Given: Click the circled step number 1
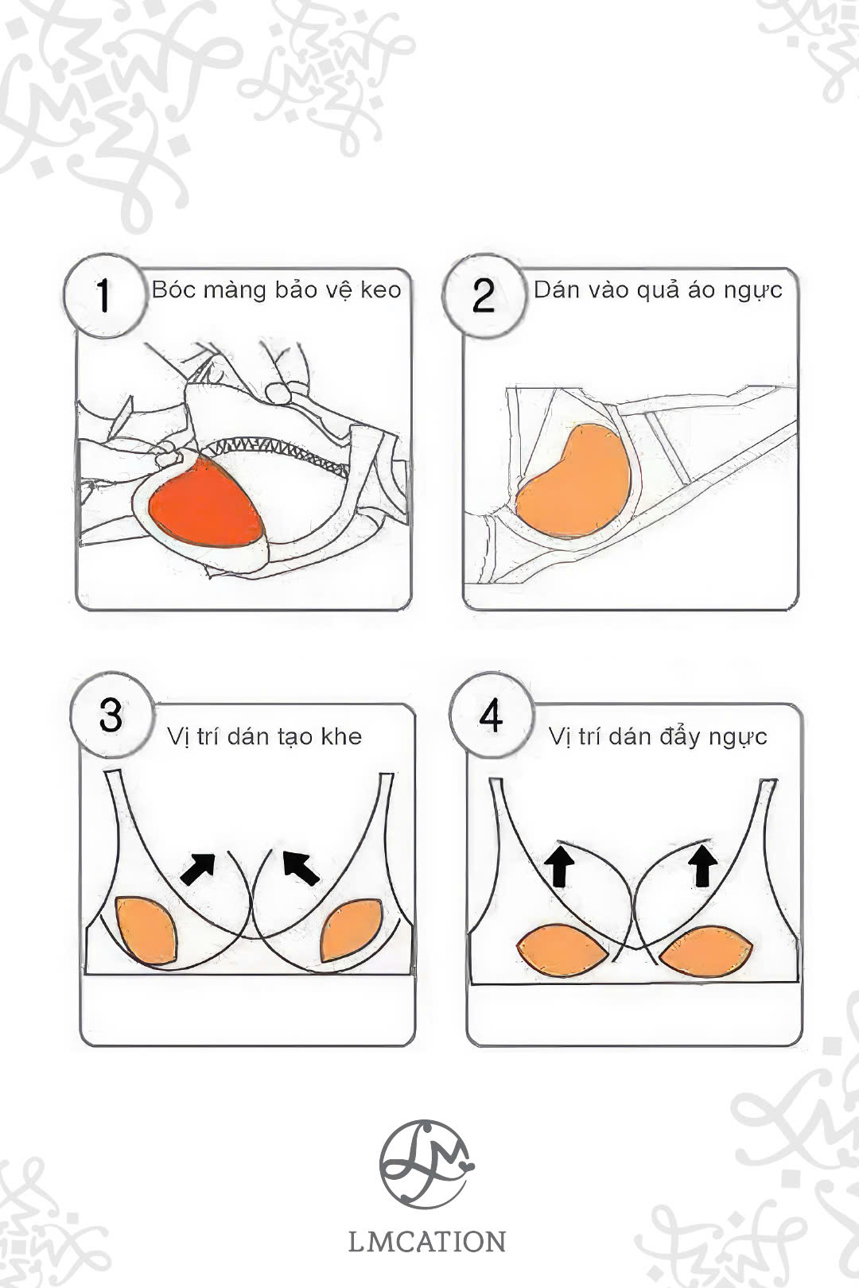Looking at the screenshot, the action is pyautogui.click(x=104, y=296).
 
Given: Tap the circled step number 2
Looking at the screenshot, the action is pyautogui.click(x=484, y=296).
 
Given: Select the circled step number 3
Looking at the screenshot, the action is pyautogui.click(x=112, y=715).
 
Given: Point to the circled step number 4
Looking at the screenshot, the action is pyautogui.click(x=492, y=716).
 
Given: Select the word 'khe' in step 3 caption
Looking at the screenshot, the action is pyautogui.click(x=341, y=736).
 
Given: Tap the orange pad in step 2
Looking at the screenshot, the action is pyautogui.click(x=575, y=481).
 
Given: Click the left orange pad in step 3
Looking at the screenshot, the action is pyautogui.click(x=146, y=929).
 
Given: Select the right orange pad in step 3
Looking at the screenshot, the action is pyautogui.click(x=351, y=930).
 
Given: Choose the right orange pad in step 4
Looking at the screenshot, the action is pyautogui.click(x=705, y=952).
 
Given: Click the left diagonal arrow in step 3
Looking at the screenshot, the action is pyautogui.click(x=198, y=868).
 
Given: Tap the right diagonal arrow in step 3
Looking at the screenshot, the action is pyautogui.click(x=301, y=868).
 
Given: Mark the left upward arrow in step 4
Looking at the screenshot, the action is pyautogui.click(x=559, y=865).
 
